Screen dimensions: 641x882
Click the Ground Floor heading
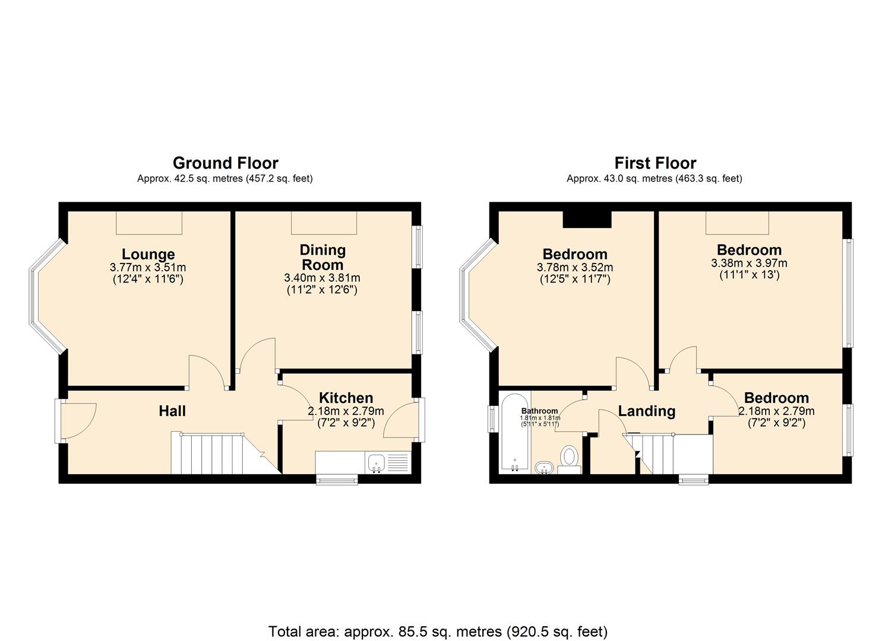pyautogui.click(x=225, y=163)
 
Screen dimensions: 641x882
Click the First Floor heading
pyautogui.click(x=655, y=163)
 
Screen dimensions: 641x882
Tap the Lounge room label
pyautogui.click(x=148, y=255)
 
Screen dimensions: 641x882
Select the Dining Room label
pyautogui.click(x=322, y=257)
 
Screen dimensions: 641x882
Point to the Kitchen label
pyautogui.click(x=346, y=398)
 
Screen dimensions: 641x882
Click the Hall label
pyautogui.click(x=172, y=411)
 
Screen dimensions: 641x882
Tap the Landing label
pyautogui.click(x=646, y=411)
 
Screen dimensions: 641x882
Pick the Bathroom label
pyautogui.click(x=539, y=411)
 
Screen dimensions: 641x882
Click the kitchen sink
pyautogui.click(x=375, y=462)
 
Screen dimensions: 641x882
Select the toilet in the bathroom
pyautogui.click(x=569, y=459)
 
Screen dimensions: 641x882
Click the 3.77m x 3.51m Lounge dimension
pyautogui.click(x=148, y=268)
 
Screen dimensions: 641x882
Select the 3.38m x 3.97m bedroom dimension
pyautogui.click(x=749, y=263)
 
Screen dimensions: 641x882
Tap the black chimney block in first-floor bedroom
pyautogui.click(x=586, y=219)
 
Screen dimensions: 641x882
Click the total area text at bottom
pyautogui.click(x=438, y=631)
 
